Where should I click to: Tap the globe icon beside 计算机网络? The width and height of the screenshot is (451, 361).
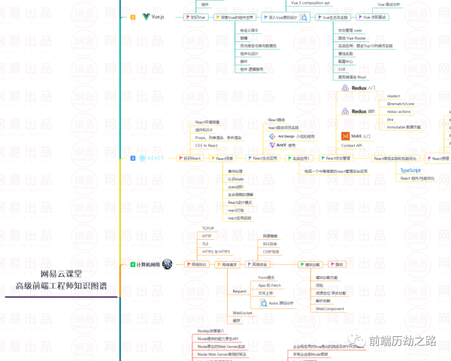(x=167, y=265)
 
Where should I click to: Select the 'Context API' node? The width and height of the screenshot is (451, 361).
(x=352, y=145)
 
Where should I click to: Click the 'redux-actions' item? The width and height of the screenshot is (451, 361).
(x=398, y=111)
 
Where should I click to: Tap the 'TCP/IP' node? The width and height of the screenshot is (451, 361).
(x=209, y=227)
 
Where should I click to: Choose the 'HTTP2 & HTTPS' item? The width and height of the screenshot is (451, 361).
(x=216, y=251)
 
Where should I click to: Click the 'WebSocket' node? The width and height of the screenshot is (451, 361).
(x=242, y=312)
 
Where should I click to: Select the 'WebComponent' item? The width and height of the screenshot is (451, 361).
(x=330, y=308)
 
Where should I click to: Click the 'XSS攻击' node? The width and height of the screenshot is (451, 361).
(x=271, y=244)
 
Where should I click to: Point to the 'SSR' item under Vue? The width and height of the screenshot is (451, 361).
(x=321, y=68)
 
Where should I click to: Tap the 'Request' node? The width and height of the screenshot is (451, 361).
(x=240, y=290)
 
